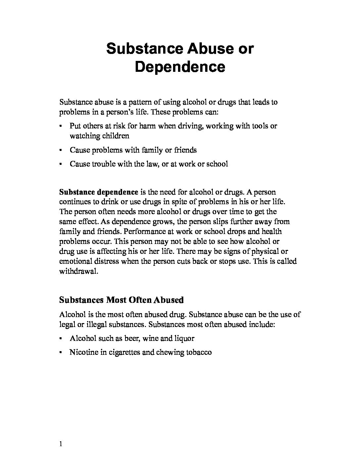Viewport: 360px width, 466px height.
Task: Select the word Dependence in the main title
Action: [180, 67]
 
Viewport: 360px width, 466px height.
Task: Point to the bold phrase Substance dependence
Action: [99, 192]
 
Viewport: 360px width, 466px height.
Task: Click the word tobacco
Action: [199, 352]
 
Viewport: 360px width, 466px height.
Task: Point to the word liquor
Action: [184, 338]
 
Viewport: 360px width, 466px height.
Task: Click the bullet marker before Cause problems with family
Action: [61, 150]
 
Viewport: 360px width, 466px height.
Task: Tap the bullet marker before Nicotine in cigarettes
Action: [61, 352]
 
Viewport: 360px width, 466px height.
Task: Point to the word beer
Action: [132, 338]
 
